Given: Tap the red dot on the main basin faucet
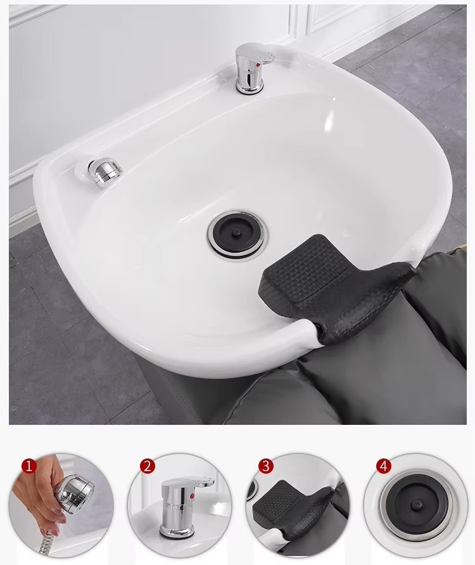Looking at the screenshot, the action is (x=257, y=65).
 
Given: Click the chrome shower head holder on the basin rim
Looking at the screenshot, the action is (x=104, y=171).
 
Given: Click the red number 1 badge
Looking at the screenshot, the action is (x=29, y=465).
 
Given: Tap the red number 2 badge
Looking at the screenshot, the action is (x=148, y=466).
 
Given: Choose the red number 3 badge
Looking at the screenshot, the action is (x=266, y=466).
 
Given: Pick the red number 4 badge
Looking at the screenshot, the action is (x=384, y=466).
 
